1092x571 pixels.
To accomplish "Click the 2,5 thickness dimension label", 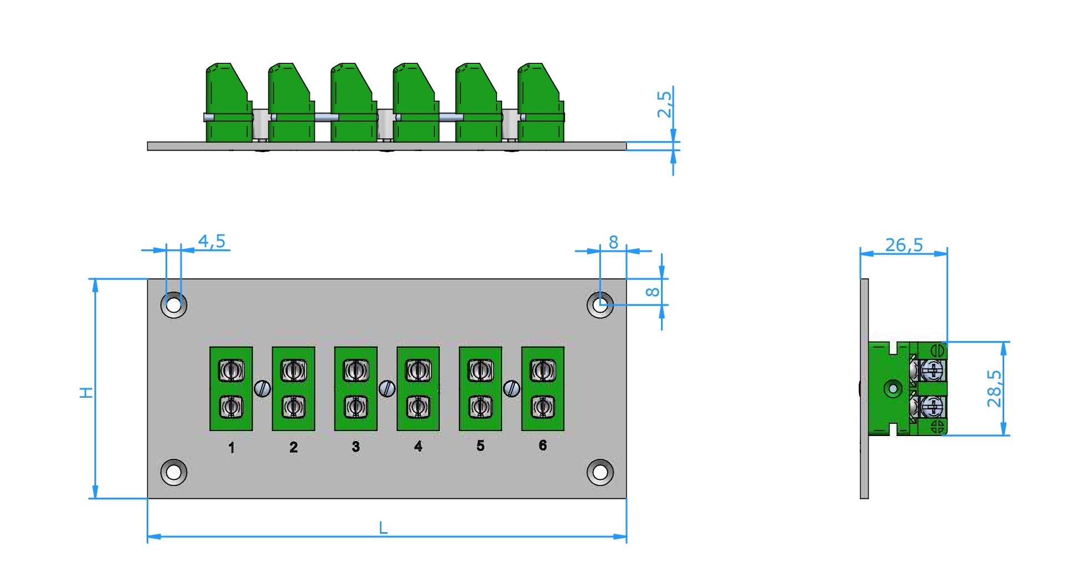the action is click(664, 104).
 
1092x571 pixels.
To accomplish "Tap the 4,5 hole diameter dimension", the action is click(212, 241).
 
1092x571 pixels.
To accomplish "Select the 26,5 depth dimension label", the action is click(904, 244).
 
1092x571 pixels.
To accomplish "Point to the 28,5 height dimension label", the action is click(994, 388).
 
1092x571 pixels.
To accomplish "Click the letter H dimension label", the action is click(86, 392).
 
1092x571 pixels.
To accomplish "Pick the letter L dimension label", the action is click(383, 528).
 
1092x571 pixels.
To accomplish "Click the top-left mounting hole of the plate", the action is click(174, 305).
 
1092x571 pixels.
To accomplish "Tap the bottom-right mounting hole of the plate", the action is click(600, 472).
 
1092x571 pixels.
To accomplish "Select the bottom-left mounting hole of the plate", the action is click(174, 472).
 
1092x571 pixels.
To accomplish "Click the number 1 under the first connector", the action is click(232, 447).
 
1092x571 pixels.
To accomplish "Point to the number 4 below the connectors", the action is click(418, 446).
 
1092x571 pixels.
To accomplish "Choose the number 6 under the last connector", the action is click(543, 445).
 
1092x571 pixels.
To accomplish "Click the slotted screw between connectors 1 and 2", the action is click(262, 388).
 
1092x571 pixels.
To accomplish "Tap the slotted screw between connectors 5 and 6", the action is click(512, 388).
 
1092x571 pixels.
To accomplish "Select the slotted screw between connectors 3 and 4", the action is click(387, 388).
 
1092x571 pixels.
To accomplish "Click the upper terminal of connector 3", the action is click(356, 370).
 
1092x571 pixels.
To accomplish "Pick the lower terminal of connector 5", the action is click(480, 407).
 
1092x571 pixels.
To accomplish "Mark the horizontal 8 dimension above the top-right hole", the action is click(613, 242).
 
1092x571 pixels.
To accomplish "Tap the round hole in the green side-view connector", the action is click(893, 388).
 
